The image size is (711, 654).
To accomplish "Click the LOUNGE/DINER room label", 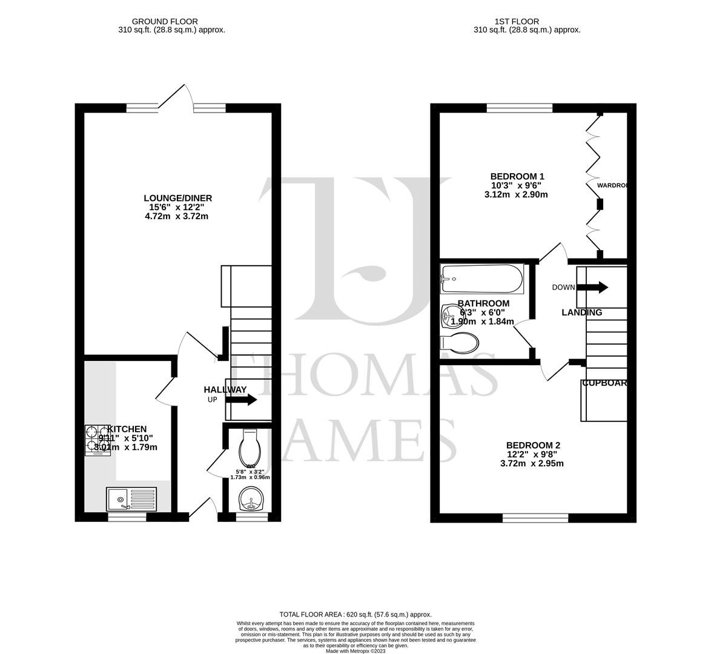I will pyautogui.click(x=177, y=198).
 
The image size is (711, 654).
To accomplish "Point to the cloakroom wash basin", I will pyautogui.click(x=250, y=501).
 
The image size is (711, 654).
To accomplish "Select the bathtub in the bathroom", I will pyautogui.click(x=482, y=279).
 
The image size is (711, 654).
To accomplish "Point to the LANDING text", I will pyautogui.click(x=581, y=312).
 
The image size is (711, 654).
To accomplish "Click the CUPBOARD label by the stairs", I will pyautogui.click(x=604, y=383).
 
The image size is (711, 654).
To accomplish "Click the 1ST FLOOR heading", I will pyautogui.click(x=527, y=21).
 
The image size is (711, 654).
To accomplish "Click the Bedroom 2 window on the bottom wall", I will pyautogui.click(x=535, y=518).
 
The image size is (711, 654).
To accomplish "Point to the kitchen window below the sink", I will pyautogui.click(x=127, y=518).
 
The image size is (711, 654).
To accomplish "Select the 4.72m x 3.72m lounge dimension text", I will pyautogui.click(x=177, y=216).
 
